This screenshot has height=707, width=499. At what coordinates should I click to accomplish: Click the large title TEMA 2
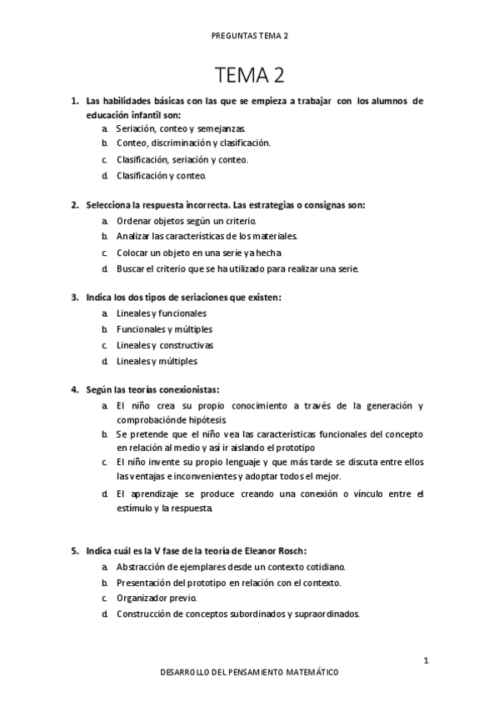click(x=249, y=76)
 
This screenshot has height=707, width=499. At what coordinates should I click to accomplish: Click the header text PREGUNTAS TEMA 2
click(x=249, y=37)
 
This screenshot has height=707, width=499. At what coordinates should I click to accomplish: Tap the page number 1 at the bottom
click(x=425, y=661)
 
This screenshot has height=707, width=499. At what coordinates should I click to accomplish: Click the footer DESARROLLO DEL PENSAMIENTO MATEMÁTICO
click(x=249, y=672)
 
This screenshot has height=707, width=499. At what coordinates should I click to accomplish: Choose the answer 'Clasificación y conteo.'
click(x=162, y=176)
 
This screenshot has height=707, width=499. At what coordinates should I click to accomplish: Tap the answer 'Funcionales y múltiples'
click(x=164, y=329)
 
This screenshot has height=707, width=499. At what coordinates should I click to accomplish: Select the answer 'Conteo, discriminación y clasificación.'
click(x=193, y=144)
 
